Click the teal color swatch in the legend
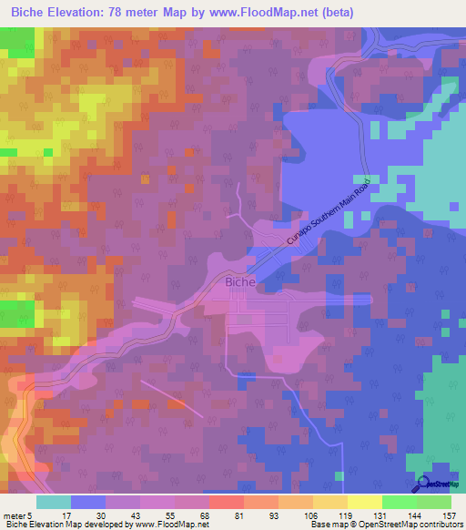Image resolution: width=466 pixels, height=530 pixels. coord(54,502)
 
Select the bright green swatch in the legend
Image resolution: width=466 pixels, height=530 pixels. coord(399,502)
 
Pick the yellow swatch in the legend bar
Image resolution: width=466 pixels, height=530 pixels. coord(364,502)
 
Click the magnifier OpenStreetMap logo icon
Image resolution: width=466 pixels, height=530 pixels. coord(421,484)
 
